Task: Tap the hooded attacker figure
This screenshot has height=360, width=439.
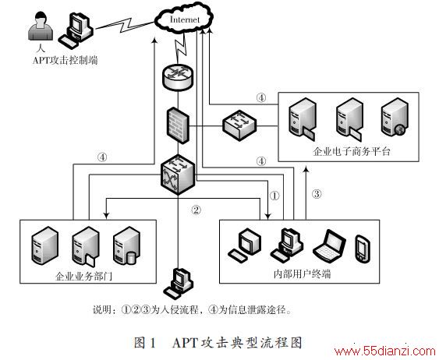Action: [x=41, y=26]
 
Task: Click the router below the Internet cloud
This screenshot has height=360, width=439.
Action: [x=178, y=76]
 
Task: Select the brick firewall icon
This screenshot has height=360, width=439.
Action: [x=178, y=125]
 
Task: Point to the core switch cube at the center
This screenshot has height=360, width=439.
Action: [x=178, y=175]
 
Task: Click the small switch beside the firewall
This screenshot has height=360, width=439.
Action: [x=239, y=125]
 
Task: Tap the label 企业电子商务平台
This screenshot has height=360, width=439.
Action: [x=352, y=152]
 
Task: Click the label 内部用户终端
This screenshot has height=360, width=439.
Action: [x=302, y=274]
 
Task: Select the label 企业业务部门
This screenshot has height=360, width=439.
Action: [x=83, y=276]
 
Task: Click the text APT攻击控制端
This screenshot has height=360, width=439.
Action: [x=65, y=60]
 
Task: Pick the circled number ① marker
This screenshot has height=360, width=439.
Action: [x=274, y=196]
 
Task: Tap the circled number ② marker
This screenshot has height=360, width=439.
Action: [x=196, y=210]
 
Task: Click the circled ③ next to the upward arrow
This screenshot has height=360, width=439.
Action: [x=317, y=193]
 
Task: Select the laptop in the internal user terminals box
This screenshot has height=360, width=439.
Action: [x=330, y=246]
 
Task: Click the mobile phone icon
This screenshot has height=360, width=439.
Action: [x=363, y=249]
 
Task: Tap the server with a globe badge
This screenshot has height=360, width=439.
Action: [x=395, y=117]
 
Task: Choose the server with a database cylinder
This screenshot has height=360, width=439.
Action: [x=126, y=246]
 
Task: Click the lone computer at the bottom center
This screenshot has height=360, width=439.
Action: [x=179, y=284]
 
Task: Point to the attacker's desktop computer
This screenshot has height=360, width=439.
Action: [x=76, y=30]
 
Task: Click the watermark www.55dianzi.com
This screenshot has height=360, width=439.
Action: [x=385, y=351]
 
